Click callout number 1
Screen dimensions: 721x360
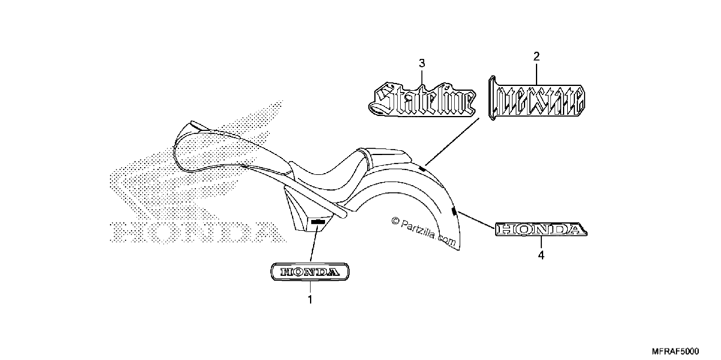310,300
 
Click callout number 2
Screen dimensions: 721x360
536,56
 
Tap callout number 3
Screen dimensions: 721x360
422,64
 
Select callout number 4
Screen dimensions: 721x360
541,255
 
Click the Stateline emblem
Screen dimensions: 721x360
422,99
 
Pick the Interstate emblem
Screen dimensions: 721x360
537,98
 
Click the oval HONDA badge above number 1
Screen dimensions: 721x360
310,272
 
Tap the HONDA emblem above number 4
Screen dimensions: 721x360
541,229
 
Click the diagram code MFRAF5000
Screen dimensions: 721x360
675,351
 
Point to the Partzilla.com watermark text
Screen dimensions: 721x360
423,232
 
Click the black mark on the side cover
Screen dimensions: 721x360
317,222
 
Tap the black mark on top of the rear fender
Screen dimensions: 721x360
422,169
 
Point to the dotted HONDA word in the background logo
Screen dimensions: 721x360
197,232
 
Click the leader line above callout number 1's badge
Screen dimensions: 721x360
314,243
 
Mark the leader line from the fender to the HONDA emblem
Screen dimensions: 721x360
476,220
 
